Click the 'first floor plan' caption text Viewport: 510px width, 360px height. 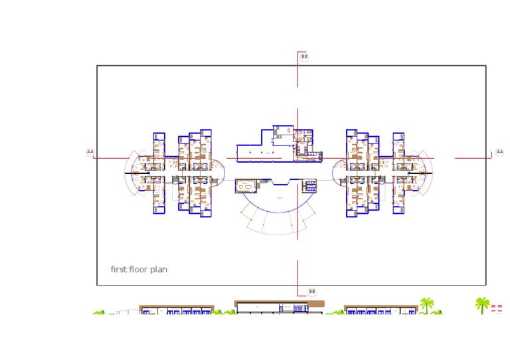coord(139,270)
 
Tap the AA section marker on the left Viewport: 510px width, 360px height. coord(90,152)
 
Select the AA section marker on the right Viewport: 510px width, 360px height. coord(499,152)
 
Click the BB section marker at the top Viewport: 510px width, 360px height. coord(304,57)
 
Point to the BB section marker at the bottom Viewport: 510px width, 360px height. coord(311,292)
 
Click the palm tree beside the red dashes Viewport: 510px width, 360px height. coord(481,306)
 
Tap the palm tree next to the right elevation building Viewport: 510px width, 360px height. coord(426,305)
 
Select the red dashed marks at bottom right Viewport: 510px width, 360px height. coord(496,308)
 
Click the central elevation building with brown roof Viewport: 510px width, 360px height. coord(280,306)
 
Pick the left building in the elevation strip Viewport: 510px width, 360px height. coord(176,310)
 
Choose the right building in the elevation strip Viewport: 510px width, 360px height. coord(381,310)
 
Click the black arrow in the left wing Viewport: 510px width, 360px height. coord(131,173)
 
